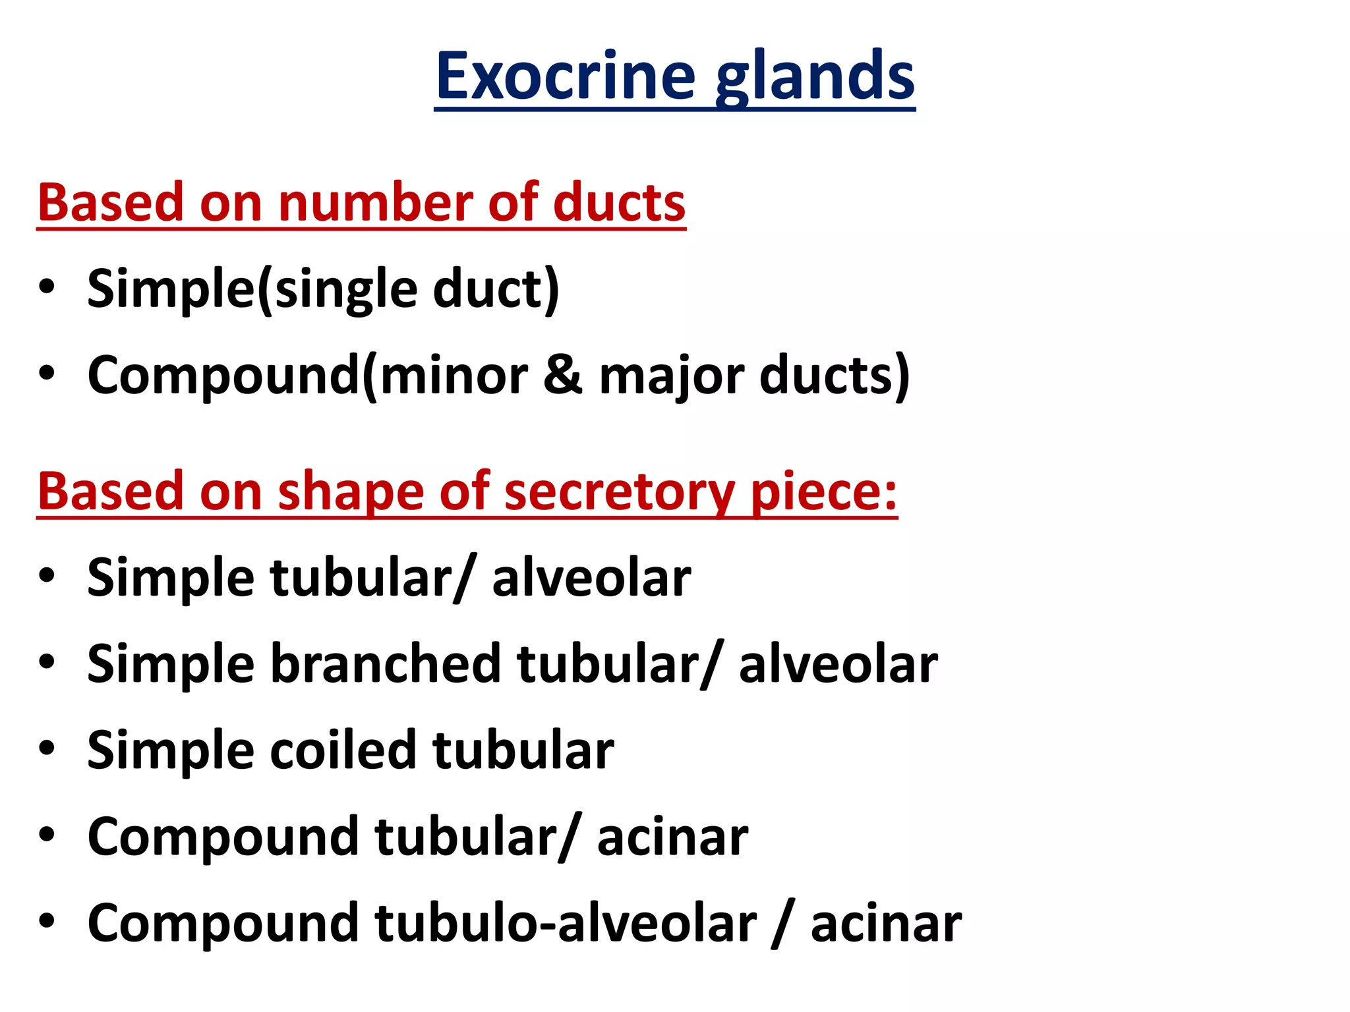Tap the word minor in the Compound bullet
454,376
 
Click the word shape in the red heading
350,493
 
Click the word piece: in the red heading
824,493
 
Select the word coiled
343,750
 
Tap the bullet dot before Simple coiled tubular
46,748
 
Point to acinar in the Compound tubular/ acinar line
672,837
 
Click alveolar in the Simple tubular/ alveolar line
591,578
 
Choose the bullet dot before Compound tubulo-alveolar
46,920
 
